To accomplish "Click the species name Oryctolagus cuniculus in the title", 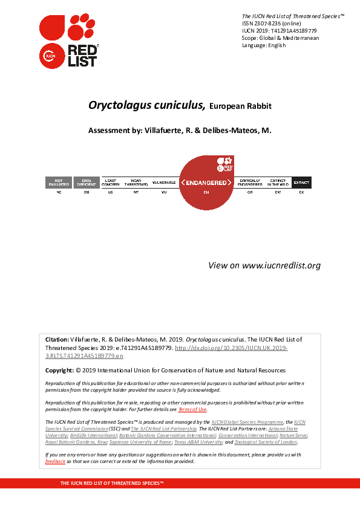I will pyautogui.click(x=147, y=105).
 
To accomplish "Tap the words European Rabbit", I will pyautogui.click(x=240, y=106).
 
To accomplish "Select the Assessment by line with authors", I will pyautogui.click(x=180, y=131).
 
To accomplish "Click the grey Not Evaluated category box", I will pyautogui.click(x=59, y=183).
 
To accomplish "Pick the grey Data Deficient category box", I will pyautogui.click(x=87, y=183).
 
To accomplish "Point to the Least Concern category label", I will pyautogui.click(x=111, y=183).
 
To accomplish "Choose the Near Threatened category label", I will pyautogui.click(x=136, y=183).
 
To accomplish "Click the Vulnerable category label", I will pyautogui.click(x=163, y=182).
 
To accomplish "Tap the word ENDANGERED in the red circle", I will pyautogui.click(x=206, y=183).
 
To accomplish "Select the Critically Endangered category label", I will pyautogui.click(x=250, y=183).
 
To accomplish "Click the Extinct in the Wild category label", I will pyautogui.click(x=278, y=183).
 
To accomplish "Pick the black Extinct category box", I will pyautogui.click(x=301, y=183).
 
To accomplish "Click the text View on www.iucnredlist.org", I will pyautogui.click(x=264, y=265).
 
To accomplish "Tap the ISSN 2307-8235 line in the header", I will pyautogui.click(x=266, y=23).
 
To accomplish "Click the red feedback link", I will pyautogui.click(x=55, y=461).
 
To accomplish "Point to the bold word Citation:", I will pyautogui.click(x=57, y=340).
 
